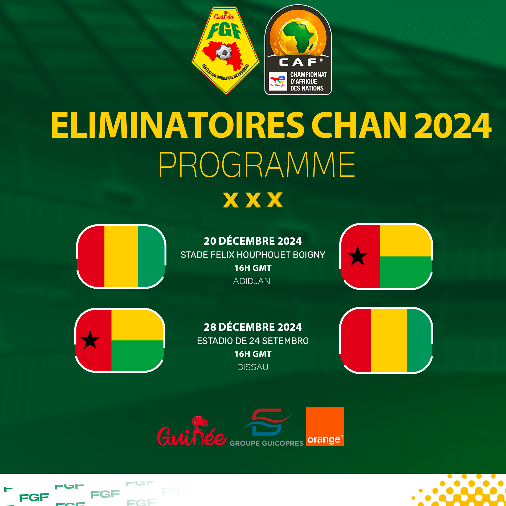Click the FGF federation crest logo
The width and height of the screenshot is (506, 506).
pyautogui.click(x=225, y=51)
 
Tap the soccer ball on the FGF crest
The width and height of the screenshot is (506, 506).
pyautogui.click(x=224, y=52)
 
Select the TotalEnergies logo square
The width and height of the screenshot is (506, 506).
pyautogui.click(x=278, y=81)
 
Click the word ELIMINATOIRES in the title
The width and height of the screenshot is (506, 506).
pyautogui.click(x=177, y=125)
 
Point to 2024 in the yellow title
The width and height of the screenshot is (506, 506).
pyautogui.click(x=452, y=125)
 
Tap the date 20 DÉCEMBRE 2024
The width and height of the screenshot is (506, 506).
pyautogui.click(x=253, y=241)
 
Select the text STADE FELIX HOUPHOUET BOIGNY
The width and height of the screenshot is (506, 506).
pyautogui.click(x=253, y=255)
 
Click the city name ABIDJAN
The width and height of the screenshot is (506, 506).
pyautogui.click(x=252, y=281)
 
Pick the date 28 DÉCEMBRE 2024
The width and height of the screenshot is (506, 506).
pyautogui.click(x=253, y=327)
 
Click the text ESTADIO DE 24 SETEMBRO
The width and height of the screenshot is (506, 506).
pyautogui.click(x=253, y=341)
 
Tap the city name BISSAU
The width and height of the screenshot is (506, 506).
pyautogui.click(x=253, y=367)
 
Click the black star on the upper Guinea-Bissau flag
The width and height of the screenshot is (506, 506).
pyautogui.click(x=358, y=256)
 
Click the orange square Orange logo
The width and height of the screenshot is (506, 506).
pyautogui.click(x=325, y=426)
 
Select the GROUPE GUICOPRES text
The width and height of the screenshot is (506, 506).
pyautogui.click(x=267, y=443)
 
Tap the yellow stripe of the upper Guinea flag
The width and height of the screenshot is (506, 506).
pyautogui.click(x=121, y=256)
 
